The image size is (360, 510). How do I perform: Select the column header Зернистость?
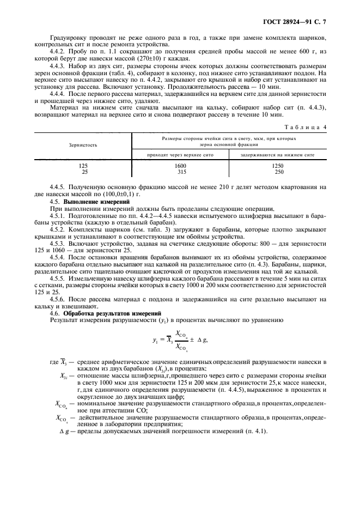point(83,145)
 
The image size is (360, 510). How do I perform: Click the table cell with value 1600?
point(180,166)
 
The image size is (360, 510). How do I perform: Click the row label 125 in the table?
point(83,166)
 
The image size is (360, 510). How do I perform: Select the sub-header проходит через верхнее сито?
point(180,155)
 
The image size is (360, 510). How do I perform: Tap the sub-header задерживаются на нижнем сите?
point(278,155)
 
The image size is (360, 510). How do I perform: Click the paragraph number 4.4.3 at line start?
point(58,66)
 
